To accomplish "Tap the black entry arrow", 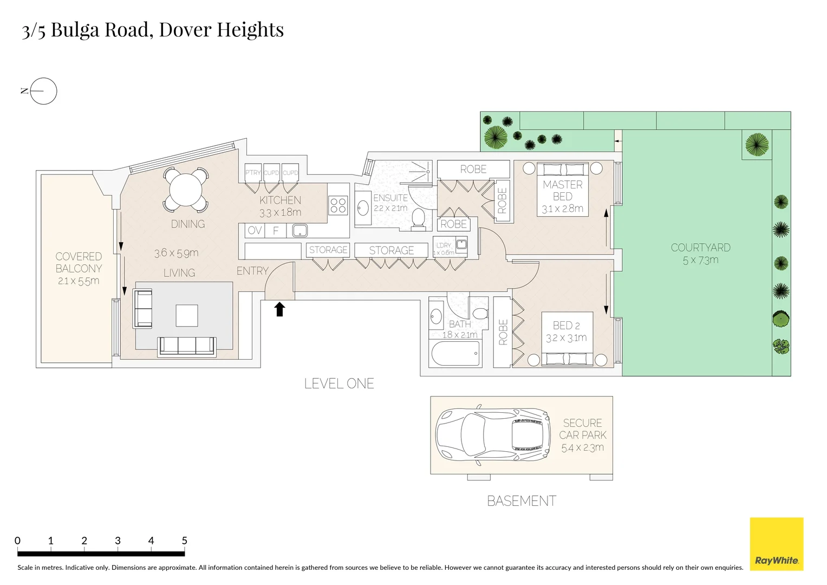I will [x=279, y=309].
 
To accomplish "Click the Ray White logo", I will [x=776, y=544].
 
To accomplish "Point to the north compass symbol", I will [x=43, y=91].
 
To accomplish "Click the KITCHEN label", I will [x=280, y=200].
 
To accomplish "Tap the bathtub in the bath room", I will [x=455, y=354].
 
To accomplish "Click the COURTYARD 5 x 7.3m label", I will [x=700, y=253].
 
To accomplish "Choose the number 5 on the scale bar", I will [x=184, y=541].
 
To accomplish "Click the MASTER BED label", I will [x=563, y=191].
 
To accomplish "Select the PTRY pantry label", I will [x=252, y=173].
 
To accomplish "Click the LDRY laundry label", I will [x=444, y=245].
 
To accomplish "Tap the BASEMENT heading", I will [x=522, y=501].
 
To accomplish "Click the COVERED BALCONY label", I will [x=79, y=263].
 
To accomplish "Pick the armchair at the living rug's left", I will [x=143, y=309].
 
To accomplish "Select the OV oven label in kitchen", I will [x=255, y=231].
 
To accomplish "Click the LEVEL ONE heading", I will [x=339, y=383].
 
